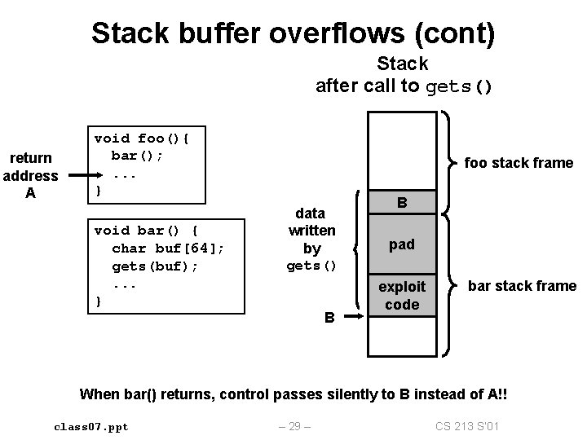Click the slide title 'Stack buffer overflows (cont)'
tap(293, 33)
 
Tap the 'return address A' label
tap(30, 175)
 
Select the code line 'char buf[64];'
tap(167, 249)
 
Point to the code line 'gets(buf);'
tap(155, 266)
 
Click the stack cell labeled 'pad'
tap(402, 244)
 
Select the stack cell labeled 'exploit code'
tap(402, 295)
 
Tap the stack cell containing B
tap(402, 201)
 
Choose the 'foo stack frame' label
tap(519, 163)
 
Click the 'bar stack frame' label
tap(522, 286)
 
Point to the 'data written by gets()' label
tap(311, 240)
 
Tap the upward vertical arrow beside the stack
tap(353, 253)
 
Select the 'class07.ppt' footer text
tap(91, 426)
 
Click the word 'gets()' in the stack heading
tap(459, 86)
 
